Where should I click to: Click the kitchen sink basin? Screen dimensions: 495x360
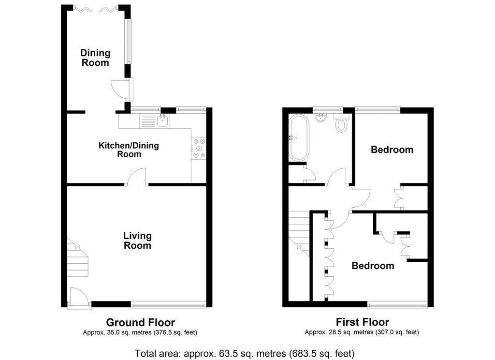tap(163, 120)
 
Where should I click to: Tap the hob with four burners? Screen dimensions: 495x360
tap(199, 148)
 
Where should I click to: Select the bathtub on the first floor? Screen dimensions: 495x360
tap(299, 138)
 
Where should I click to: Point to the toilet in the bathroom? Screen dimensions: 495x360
tap(341, 123)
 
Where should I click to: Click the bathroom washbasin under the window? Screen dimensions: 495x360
tap(321, 118)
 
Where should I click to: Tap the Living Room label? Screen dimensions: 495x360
tap(137, 240)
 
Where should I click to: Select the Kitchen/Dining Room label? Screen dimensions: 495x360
tap(129, 150)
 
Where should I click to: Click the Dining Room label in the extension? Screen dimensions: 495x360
tap(95, 58)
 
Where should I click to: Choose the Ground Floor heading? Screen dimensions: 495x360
tap(141, 322)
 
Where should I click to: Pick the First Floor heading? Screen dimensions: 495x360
tap(363, 322)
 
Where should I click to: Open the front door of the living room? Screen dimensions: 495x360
tap(79, 297)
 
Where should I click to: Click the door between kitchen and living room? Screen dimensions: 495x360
tap(136, 177)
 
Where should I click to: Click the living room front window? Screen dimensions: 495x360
tap(169, 305)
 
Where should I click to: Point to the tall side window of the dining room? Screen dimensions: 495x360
tap(129, 41)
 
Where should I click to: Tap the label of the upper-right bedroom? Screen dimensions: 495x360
tap(392, 150)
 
